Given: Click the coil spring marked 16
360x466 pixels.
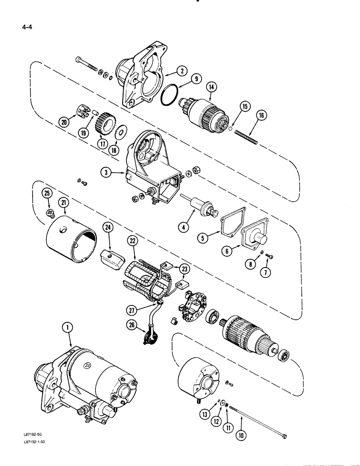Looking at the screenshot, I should [x=244, y=135].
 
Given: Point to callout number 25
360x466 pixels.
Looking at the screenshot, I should [x=47, y=193].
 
